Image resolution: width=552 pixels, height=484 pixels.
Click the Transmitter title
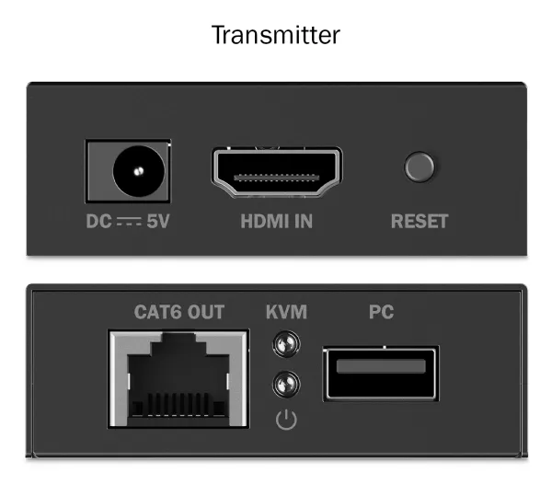pyautogui.click(x=276, y=35)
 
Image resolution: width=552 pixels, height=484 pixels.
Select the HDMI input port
pyautogui.click(x=276, y=172)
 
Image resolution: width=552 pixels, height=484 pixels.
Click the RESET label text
pyautogui.click(x=420, y=222)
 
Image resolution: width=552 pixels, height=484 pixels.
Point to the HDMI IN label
pyautogui.click(x=276, y=222)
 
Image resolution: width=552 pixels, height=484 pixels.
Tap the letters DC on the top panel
pyautogui.click(x=98, y=222)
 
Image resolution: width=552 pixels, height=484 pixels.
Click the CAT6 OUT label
pyautogui.click(x=179, y=312)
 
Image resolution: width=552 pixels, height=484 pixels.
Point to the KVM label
pyautogui.click(x=286, y=312)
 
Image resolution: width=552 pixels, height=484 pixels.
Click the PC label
pyautogui.click(x=381, y=312)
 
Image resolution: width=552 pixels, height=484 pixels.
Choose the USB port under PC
pyautogui.click(x=381, y=372)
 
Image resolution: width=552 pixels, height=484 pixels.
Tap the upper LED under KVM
pyautogui.click(x=286, y=345)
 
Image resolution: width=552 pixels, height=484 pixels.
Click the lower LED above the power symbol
pyautogui.click(x=286, y=382)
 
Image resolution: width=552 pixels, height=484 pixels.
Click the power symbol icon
pyautogui.click(x=287, y=421)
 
